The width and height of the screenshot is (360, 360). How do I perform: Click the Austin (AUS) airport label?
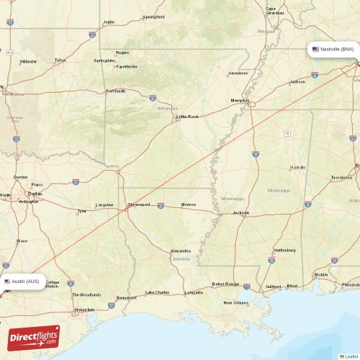25,281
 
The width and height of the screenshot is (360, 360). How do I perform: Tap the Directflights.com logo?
34,337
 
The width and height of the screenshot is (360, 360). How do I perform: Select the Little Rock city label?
187,116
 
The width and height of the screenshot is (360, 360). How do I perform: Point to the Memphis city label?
239,99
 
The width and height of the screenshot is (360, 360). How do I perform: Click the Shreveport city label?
138,204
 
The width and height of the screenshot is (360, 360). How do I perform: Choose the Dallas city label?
34,194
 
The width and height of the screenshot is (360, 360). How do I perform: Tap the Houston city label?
84,310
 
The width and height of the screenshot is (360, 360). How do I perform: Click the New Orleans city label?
235,302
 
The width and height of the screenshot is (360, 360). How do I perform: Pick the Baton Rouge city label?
225,284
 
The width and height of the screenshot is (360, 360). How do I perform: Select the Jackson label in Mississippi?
240,213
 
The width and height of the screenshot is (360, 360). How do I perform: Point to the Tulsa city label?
60,60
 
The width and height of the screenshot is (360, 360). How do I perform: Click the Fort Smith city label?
115,91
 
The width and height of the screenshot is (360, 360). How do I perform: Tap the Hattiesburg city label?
285,250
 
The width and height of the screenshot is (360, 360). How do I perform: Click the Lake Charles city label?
157,292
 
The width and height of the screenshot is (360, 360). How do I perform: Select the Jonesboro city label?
238,73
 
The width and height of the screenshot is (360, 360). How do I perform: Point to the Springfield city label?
153,17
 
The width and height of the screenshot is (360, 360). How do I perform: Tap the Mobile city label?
320,274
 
